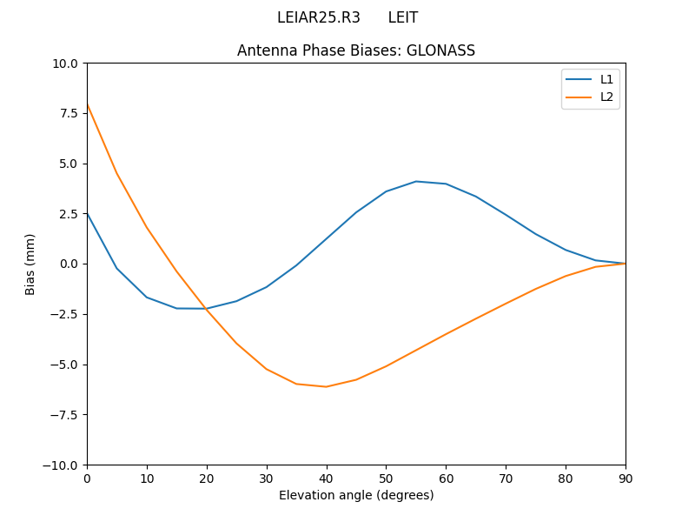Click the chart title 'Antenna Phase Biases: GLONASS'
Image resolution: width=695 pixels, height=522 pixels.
(x=356, y=50)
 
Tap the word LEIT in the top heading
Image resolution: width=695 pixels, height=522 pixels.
(x=402, y=17)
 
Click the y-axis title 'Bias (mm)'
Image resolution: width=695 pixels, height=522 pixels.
(x=30, y=264)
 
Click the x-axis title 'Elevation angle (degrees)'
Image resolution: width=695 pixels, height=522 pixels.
(x=356, y=495)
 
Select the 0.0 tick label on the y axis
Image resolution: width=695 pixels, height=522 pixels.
(x=69, y=264)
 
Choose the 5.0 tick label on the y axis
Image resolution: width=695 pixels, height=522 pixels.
(x=69, y=164)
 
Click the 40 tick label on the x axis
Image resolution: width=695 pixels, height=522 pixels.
(x=327, y=478)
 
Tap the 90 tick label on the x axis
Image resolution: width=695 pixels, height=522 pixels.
(x=625, y=478)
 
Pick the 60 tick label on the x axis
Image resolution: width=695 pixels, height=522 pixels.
(x=446, y=478)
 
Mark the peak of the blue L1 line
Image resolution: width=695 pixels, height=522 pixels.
(x=416, y=181)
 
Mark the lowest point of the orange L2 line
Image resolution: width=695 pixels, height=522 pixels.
(x=326, y=386)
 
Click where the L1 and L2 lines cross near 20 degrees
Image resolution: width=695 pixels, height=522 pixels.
(x=205, y=308)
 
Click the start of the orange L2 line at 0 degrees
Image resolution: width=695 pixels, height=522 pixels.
(x=87, y=104)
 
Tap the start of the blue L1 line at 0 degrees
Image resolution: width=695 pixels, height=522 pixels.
(x=87, y=212)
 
